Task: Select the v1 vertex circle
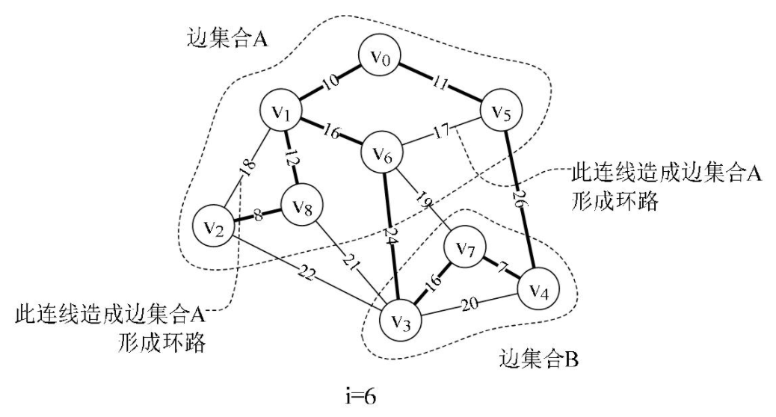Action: pyautogui.click(x=281, y=113)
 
